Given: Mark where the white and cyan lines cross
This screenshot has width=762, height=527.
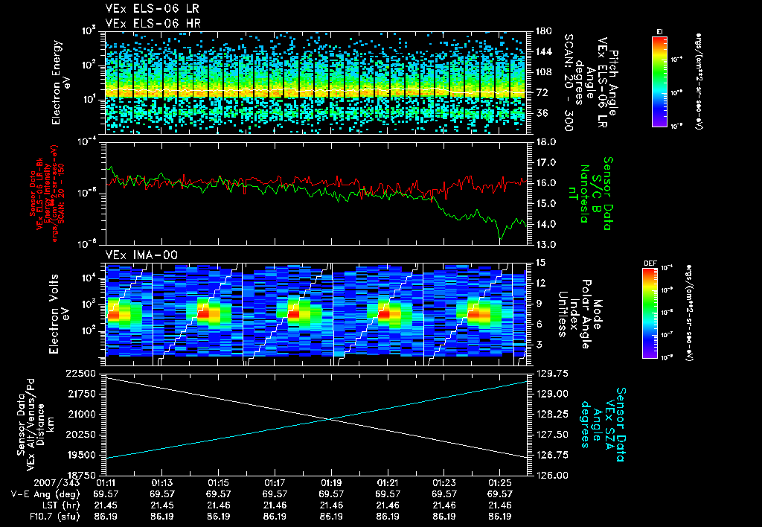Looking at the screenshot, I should (x=328, y=419).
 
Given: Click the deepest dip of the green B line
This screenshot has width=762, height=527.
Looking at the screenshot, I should (x=501, y=238).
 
